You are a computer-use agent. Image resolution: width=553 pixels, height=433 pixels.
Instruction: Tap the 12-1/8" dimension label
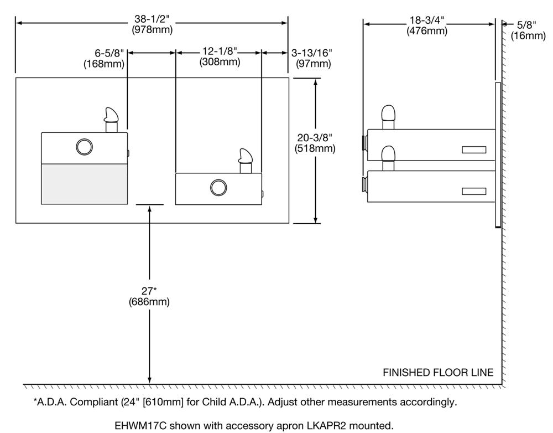pyautogui.click(x=220, y=51)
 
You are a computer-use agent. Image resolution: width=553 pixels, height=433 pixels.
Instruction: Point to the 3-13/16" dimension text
pyautogui.click(x=311, y=53)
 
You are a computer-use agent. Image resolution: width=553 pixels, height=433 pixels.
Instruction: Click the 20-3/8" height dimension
pyautogui.click(x=315, y=138)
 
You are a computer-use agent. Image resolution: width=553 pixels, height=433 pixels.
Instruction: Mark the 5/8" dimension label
pyautogui.click(x=528, y=25)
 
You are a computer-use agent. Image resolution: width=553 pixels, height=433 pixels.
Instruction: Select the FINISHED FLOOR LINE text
pyautogui.click(x=438, y=373)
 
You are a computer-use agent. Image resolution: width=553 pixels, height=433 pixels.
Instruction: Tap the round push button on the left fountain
pyautogui.click(x=84, y=147)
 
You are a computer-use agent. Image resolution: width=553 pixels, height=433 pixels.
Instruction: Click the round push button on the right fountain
pyautogui.click(x=218, y=188)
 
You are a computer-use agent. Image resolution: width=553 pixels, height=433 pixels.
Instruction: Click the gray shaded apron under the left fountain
pyautogui.click(x=85, y=184)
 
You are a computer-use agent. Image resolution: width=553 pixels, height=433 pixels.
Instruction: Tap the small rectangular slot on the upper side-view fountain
pyautogui.click(x=474, y=150)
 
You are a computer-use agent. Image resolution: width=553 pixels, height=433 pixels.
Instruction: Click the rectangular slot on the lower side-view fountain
pyautogui.click(x=474, y=192)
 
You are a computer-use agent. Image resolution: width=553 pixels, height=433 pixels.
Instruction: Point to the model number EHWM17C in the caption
pyautogui.click(x=138, y=426)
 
